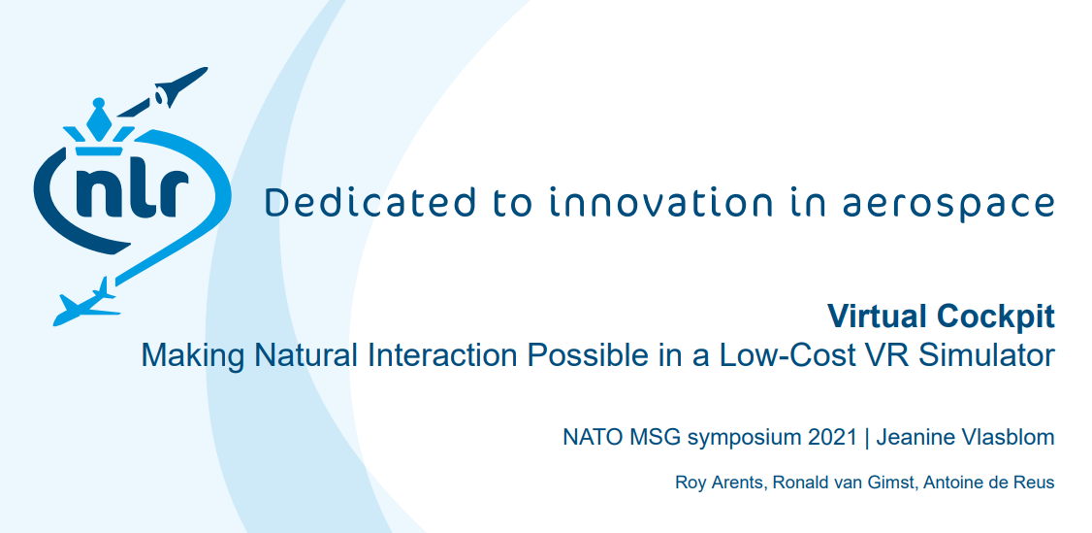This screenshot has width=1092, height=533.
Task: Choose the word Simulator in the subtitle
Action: tap(986, 355)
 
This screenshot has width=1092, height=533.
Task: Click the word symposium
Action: tap(745, 439)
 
